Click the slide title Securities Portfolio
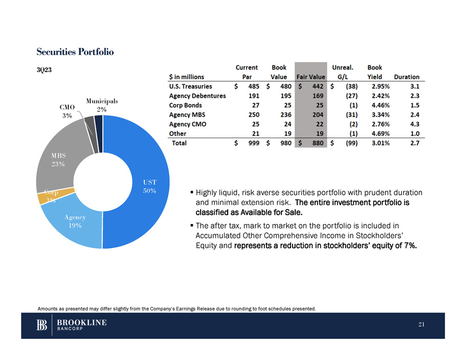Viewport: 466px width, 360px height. (x=75, y=52)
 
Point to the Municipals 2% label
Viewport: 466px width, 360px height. (x=102, y=105)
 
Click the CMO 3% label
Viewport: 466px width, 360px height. (x=67, y=111)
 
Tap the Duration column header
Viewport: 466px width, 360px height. (x=406, y=77)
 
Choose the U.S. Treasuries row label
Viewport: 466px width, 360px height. (x=190, y=86)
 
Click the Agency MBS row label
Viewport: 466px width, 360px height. (x=187, y=115)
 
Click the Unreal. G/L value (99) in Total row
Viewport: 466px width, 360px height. (x=350, y=143)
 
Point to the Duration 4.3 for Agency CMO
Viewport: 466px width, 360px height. (x=414, y=124)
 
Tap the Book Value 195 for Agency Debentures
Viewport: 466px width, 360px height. (x=279, y=96)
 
